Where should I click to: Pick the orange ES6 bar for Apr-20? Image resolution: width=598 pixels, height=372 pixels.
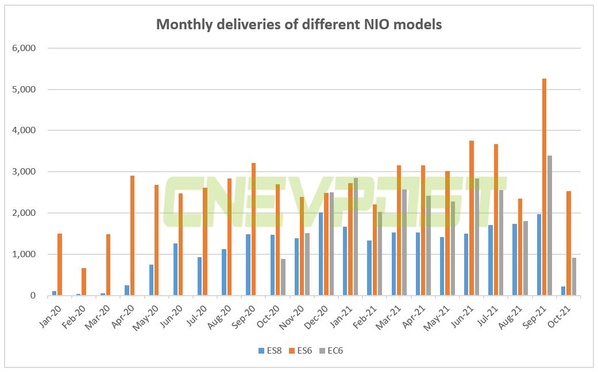click(133, 235)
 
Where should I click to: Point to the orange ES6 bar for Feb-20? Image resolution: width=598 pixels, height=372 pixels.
click(84, 282)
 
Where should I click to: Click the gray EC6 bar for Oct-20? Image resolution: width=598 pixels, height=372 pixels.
click(283, 277)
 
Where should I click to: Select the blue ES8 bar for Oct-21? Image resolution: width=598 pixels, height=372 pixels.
click(563, 291)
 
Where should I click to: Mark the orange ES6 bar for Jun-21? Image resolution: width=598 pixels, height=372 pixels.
click(472, 218)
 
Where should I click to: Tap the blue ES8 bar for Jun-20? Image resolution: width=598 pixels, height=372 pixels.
click(175, 270)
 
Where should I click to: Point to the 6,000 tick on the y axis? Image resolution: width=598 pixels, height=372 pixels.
click(24, 48)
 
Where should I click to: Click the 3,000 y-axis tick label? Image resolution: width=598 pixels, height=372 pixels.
click(24, 172)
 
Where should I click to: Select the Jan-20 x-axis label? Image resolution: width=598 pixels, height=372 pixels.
click(53, 315)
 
